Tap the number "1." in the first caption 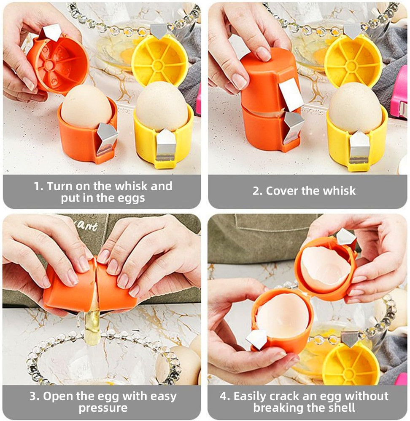pos(39,186)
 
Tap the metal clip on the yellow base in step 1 pos(165,145)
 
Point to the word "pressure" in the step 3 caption pos(102,408)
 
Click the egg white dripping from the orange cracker pos(92,326)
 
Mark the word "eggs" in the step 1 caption pos(131,198)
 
